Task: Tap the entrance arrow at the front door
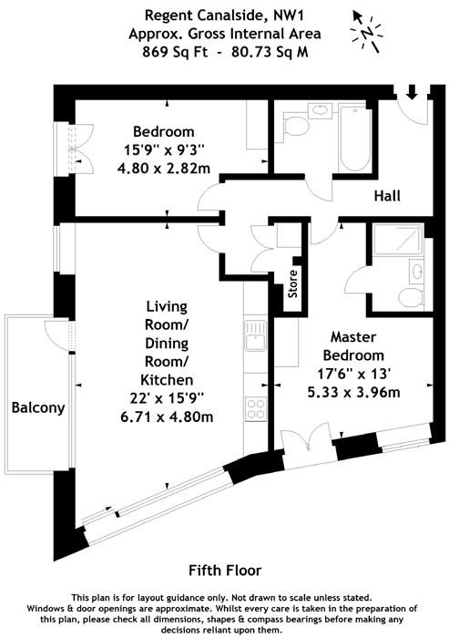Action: [x=412, y=91]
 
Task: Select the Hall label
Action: [x=387, y=196]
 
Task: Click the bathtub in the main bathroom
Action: [x=355, y=139]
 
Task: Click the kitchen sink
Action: [x=255, y=335]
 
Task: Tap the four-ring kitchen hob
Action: [x=256, y=409]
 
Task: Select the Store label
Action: [x=293, y=283]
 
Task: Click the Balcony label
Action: [x=38, y=407]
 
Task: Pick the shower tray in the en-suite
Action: [x=398, y=240]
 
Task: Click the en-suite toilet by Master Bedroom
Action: [x=411, y=297]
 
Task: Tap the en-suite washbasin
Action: [x=417, y=271]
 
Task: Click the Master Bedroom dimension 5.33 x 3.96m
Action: [x=354, y=392]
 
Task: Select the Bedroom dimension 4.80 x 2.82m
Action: [x=164, y=168]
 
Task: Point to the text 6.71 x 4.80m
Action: [x=167, y=417]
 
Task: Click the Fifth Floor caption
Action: [x=225, y=571]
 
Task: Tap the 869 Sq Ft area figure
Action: [x=175, y=52]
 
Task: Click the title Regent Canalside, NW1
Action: [x=224, y=15]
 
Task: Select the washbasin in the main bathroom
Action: [x=321, y=110]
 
